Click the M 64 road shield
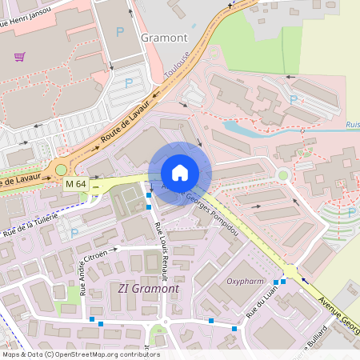point(76,185)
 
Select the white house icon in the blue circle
point(180,173)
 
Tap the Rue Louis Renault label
point(159,249)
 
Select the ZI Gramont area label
point(148,288)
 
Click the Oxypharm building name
point(245,282)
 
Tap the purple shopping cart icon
point(19,57)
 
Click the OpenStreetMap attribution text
point(80,354)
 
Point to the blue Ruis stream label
point(352,125)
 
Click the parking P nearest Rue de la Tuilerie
point(75,234)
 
